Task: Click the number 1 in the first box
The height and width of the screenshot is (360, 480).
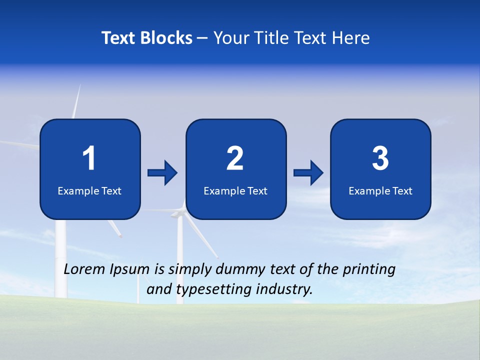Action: (89, 159)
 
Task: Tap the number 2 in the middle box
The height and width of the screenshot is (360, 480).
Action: (235, 159)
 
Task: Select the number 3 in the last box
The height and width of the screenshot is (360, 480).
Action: (380, 159)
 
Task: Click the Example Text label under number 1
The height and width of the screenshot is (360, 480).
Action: (89, 190)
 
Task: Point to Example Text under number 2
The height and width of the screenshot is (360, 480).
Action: (235, 190)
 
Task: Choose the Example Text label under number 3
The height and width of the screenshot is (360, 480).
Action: (380, 190)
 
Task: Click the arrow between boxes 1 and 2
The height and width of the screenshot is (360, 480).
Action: (162, 173)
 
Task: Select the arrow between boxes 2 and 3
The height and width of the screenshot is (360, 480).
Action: (308, 173)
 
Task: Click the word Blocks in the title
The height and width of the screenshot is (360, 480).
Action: (166, 38)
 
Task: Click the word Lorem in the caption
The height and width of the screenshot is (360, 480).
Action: (84, 269)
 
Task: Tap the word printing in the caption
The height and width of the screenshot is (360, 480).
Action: (368, 269)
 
